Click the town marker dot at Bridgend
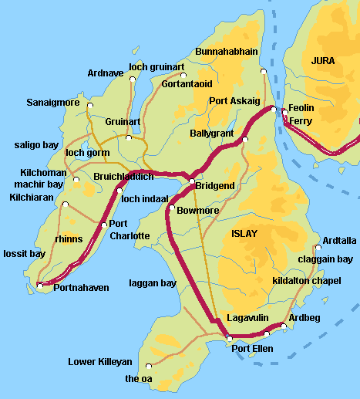[x=192, y=181]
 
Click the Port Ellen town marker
[x=229, y=338]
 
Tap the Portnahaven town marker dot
[x=40, y=286]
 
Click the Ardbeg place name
[x=302, y=318]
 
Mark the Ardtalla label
[x=340, y=240]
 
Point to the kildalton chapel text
[x=307, y=281]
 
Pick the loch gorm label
[x=88, y=153]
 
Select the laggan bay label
[x=153, y=283]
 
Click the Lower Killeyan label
[x=100, y=361]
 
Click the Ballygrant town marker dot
[x=244, y=140]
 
